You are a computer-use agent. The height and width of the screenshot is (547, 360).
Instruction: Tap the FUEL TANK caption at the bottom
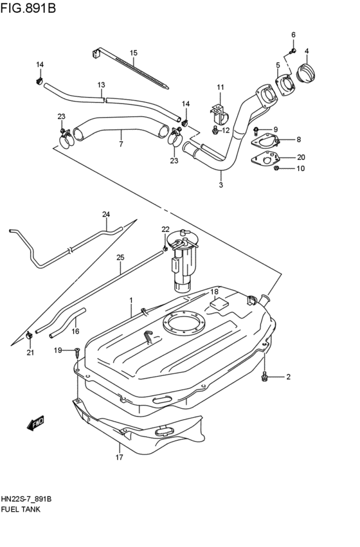point(22,509)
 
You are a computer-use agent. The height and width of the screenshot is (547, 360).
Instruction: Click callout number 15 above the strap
point(134,53)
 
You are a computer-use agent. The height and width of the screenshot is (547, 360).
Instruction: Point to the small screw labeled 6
point(293,50)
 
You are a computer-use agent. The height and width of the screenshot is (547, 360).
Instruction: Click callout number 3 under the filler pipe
point(221,185)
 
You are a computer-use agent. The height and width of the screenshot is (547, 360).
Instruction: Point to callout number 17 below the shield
point(119,458)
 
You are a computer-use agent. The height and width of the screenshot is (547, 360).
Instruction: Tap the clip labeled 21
point(30,336)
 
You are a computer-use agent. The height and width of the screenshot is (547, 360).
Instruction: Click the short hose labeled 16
point(67,322)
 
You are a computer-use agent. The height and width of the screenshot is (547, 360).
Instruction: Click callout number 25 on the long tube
point(120,258)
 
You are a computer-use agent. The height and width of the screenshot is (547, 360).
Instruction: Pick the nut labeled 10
point(276,168)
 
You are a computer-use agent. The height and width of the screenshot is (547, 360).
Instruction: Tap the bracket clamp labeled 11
point(219,116)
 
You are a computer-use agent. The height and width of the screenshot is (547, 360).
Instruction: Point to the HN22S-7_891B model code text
point(26,499)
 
